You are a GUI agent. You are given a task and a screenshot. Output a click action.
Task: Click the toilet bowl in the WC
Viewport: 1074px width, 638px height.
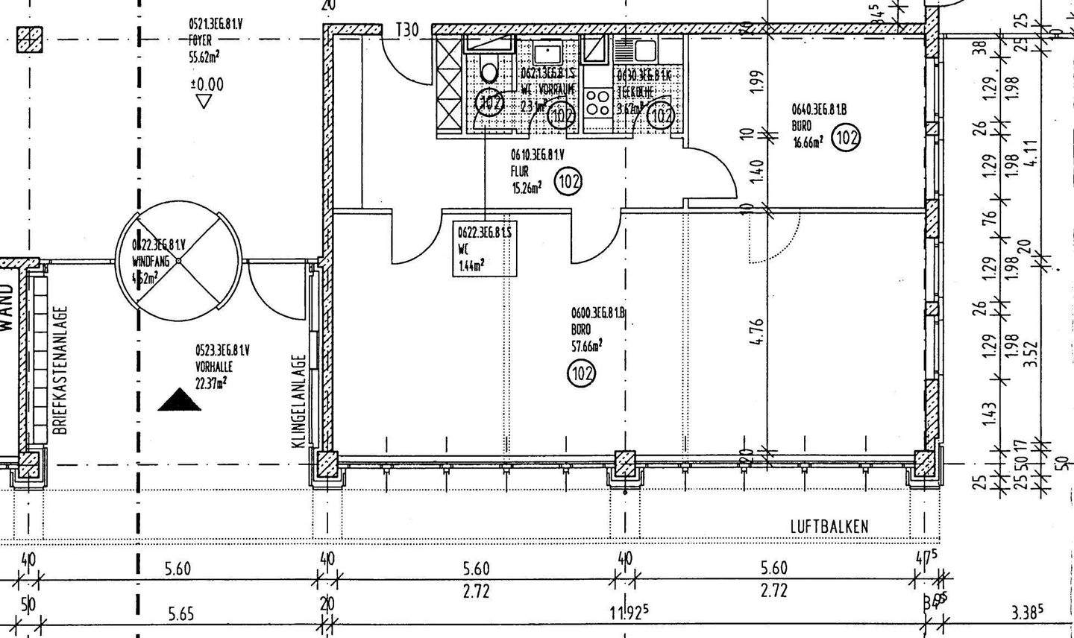pos(489,72)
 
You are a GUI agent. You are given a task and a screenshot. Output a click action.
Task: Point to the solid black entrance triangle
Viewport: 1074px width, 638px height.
pos(180,400)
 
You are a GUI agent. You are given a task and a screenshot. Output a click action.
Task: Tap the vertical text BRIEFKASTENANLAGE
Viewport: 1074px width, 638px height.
pos(61,370)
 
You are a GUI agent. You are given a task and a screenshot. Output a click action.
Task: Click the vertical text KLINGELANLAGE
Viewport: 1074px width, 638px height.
pos(298,400)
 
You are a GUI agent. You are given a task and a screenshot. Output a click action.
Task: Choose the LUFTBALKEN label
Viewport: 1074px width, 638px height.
pos(829,527)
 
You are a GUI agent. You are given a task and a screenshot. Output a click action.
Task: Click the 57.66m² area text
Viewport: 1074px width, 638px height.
pos(587,345)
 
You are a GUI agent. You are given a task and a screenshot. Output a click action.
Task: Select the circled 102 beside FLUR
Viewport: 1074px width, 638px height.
pos(568,181)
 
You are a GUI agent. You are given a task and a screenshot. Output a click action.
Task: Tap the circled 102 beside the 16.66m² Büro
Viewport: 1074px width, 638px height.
pos(847,138)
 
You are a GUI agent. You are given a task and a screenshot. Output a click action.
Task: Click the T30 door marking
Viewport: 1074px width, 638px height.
pos(407,31)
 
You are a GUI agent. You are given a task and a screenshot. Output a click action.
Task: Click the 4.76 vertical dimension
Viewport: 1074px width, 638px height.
pos(756,333)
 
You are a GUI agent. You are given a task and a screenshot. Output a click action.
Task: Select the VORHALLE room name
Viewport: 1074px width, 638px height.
pos(214,367)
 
